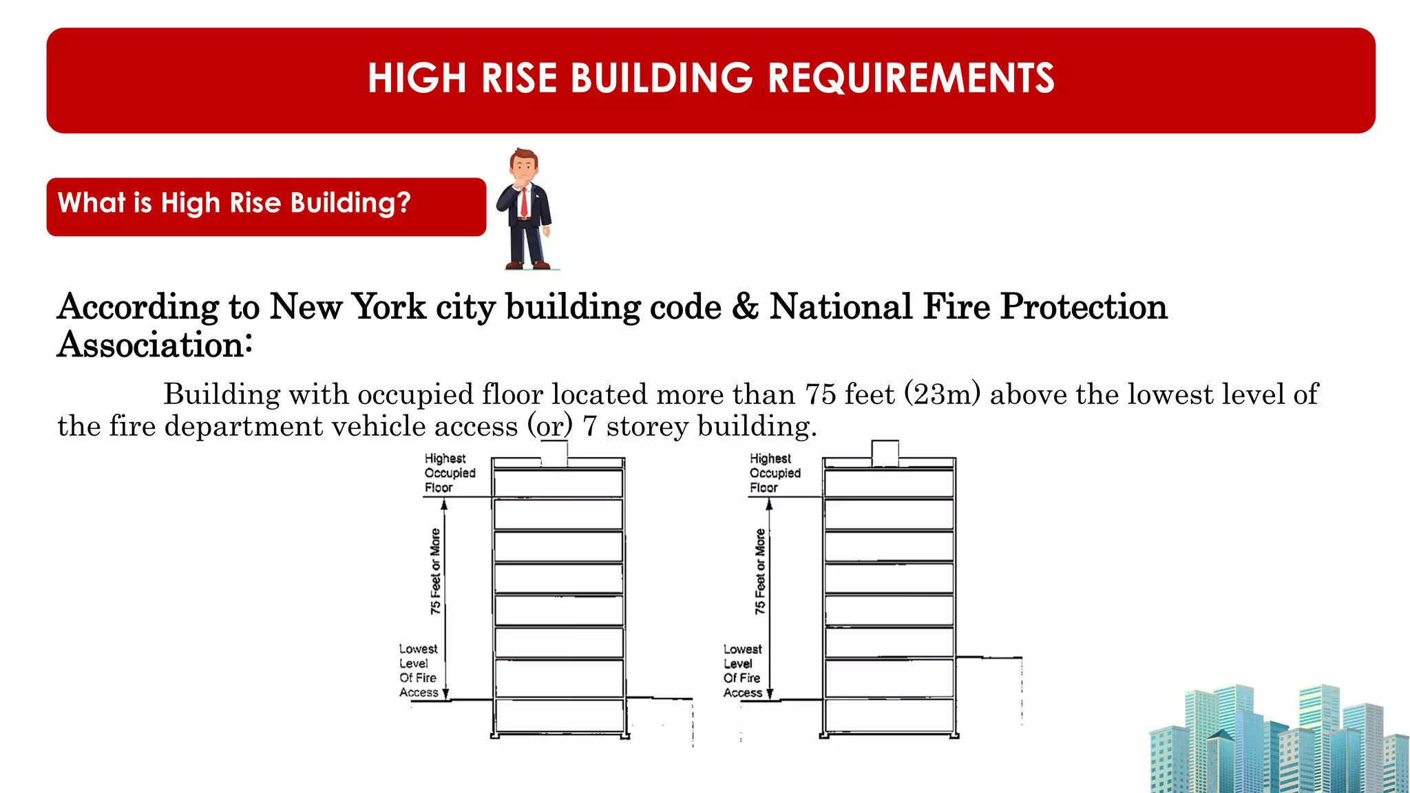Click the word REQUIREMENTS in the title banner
point(911,78)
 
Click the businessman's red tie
point(524,202)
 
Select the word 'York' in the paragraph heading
point(389,307)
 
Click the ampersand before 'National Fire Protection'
point(745,307)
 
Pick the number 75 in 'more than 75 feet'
point(821,395)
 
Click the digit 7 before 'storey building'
point(589,427)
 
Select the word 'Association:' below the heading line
point(155,345)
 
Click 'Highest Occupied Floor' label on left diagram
point(449,473)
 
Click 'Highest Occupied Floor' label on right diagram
point(775,473)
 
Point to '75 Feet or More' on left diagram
point(435,571)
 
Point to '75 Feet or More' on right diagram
point(760,571)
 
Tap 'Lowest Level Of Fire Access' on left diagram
point(419,670)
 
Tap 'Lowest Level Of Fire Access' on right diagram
point(742,670)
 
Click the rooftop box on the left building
point(554,454)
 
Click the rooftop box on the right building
point(885,453)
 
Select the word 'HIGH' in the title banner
point(417,78)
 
